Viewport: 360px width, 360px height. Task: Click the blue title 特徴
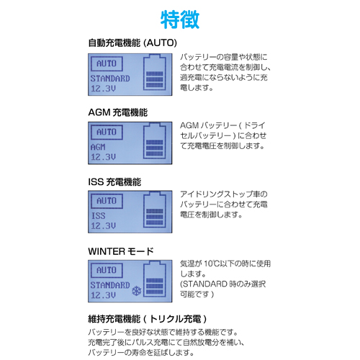pyautogui.click(x=180, y=19)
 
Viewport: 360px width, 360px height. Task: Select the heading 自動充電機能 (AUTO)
pyautogui.click(x=132, y=43)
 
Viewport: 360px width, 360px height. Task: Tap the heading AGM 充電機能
pyautogui.click(x=118, y=112)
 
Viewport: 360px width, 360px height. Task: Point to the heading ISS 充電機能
pyautogui.click(x=114, y=182)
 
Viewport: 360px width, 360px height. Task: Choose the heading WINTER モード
pyautogui.click(x=121, y=251)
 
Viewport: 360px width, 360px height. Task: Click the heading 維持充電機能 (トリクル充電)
pyautogui.click(x=148, y=319)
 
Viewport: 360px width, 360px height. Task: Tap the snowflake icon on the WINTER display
pyautogui.click(x=137, y=291)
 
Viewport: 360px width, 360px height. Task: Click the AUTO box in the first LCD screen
pyautogui.click(x=107, y=64)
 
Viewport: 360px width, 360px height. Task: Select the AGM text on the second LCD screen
pyautogui.click(x=98, y=147)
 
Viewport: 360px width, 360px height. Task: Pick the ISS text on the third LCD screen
pyautogui.click(x=98, y=215)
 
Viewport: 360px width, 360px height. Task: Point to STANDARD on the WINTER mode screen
pyautogui.click(x=110, y=285)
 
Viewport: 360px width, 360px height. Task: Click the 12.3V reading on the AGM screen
pyautogui.click(x=103, y=157)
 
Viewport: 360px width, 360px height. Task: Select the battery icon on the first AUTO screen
pyautogui.click(x=155, y=73)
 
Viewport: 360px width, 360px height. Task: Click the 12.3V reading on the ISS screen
pyautogui.click(x=103, y=225)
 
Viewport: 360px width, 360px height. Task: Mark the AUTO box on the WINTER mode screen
pyautogui.click(x=107, y=271)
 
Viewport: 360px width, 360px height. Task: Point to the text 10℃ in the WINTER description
pyautogui.click(x=212, y=264)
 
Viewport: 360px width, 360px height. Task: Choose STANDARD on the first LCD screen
pyautogui.click(x=110, y=78)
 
